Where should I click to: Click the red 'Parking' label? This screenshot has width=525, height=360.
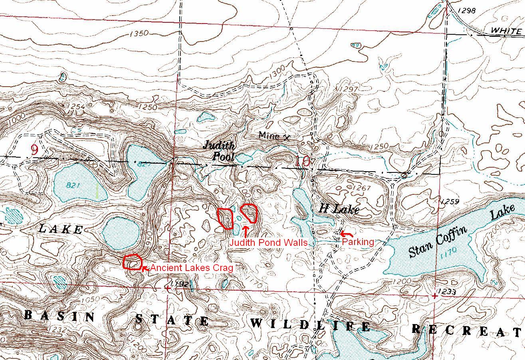click(358, 241)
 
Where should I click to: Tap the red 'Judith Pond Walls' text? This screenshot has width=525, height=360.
click(268, 243)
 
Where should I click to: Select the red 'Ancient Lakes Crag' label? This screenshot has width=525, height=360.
click(191, 268)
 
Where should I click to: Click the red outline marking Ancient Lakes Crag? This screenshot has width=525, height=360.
click(133, 262)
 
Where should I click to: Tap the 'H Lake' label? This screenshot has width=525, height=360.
click(339, 209)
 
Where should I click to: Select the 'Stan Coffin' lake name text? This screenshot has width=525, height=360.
click(438, 241)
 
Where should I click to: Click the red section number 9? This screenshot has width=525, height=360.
click(34, 150)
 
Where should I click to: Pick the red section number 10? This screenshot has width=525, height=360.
click(303, 162)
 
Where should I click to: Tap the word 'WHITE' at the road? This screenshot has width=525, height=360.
click(506, 30)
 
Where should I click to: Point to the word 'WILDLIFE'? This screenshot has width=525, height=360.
click(311, 325)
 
